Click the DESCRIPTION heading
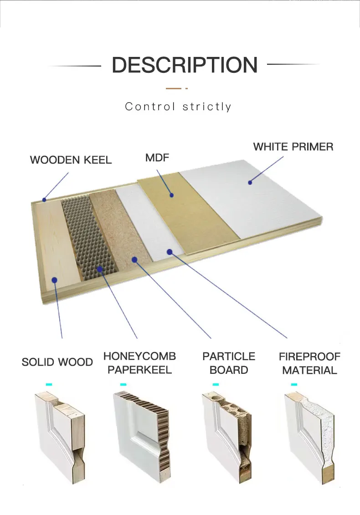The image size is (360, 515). coord(185,65)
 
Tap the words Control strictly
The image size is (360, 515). coord(178,107)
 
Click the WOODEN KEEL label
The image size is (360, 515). coord(71,160)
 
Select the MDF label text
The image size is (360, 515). coord(157,158)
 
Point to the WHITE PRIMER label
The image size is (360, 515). coord(293,147)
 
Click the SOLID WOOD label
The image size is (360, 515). coord(57,362)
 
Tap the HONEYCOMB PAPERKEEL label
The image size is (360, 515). coord(139,362)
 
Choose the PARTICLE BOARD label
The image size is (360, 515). coord(229,362)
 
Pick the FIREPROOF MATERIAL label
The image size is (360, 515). coord(309,363)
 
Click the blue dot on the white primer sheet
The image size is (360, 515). coord(250,183)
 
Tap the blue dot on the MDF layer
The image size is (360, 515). coord(172,195)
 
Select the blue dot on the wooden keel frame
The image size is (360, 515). coord(45,199)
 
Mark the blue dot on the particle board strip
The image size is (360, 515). coord(134,259)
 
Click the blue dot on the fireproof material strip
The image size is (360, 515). coord(169,251)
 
